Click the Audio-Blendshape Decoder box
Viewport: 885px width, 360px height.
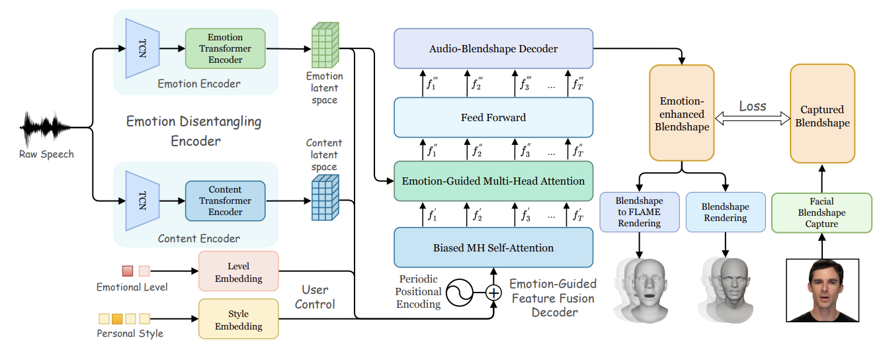[x=493, y=49]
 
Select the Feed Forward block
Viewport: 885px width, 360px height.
[x=493, y=118]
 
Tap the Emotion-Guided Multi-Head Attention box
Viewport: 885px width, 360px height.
[x=493, y=180]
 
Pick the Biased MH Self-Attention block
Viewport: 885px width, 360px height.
[x=493, y=247]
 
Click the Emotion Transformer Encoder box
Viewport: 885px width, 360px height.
[x=225, y=48]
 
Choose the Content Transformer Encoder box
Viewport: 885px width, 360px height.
[x=225, y=201]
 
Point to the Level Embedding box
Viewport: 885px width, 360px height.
[x=238, y=271]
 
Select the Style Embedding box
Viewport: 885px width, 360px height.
[x=238, y=318]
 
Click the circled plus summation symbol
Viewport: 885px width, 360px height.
[x=493, y=292]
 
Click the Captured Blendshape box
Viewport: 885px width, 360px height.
[x=822, y=116]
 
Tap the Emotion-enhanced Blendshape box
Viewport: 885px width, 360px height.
[x=681, y=112]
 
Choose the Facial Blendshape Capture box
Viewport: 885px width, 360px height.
[x=822, y=212]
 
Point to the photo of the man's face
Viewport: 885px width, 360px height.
[x=822, y=291]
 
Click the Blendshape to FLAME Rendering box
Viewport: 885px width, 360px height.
[x=638, y=212]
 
